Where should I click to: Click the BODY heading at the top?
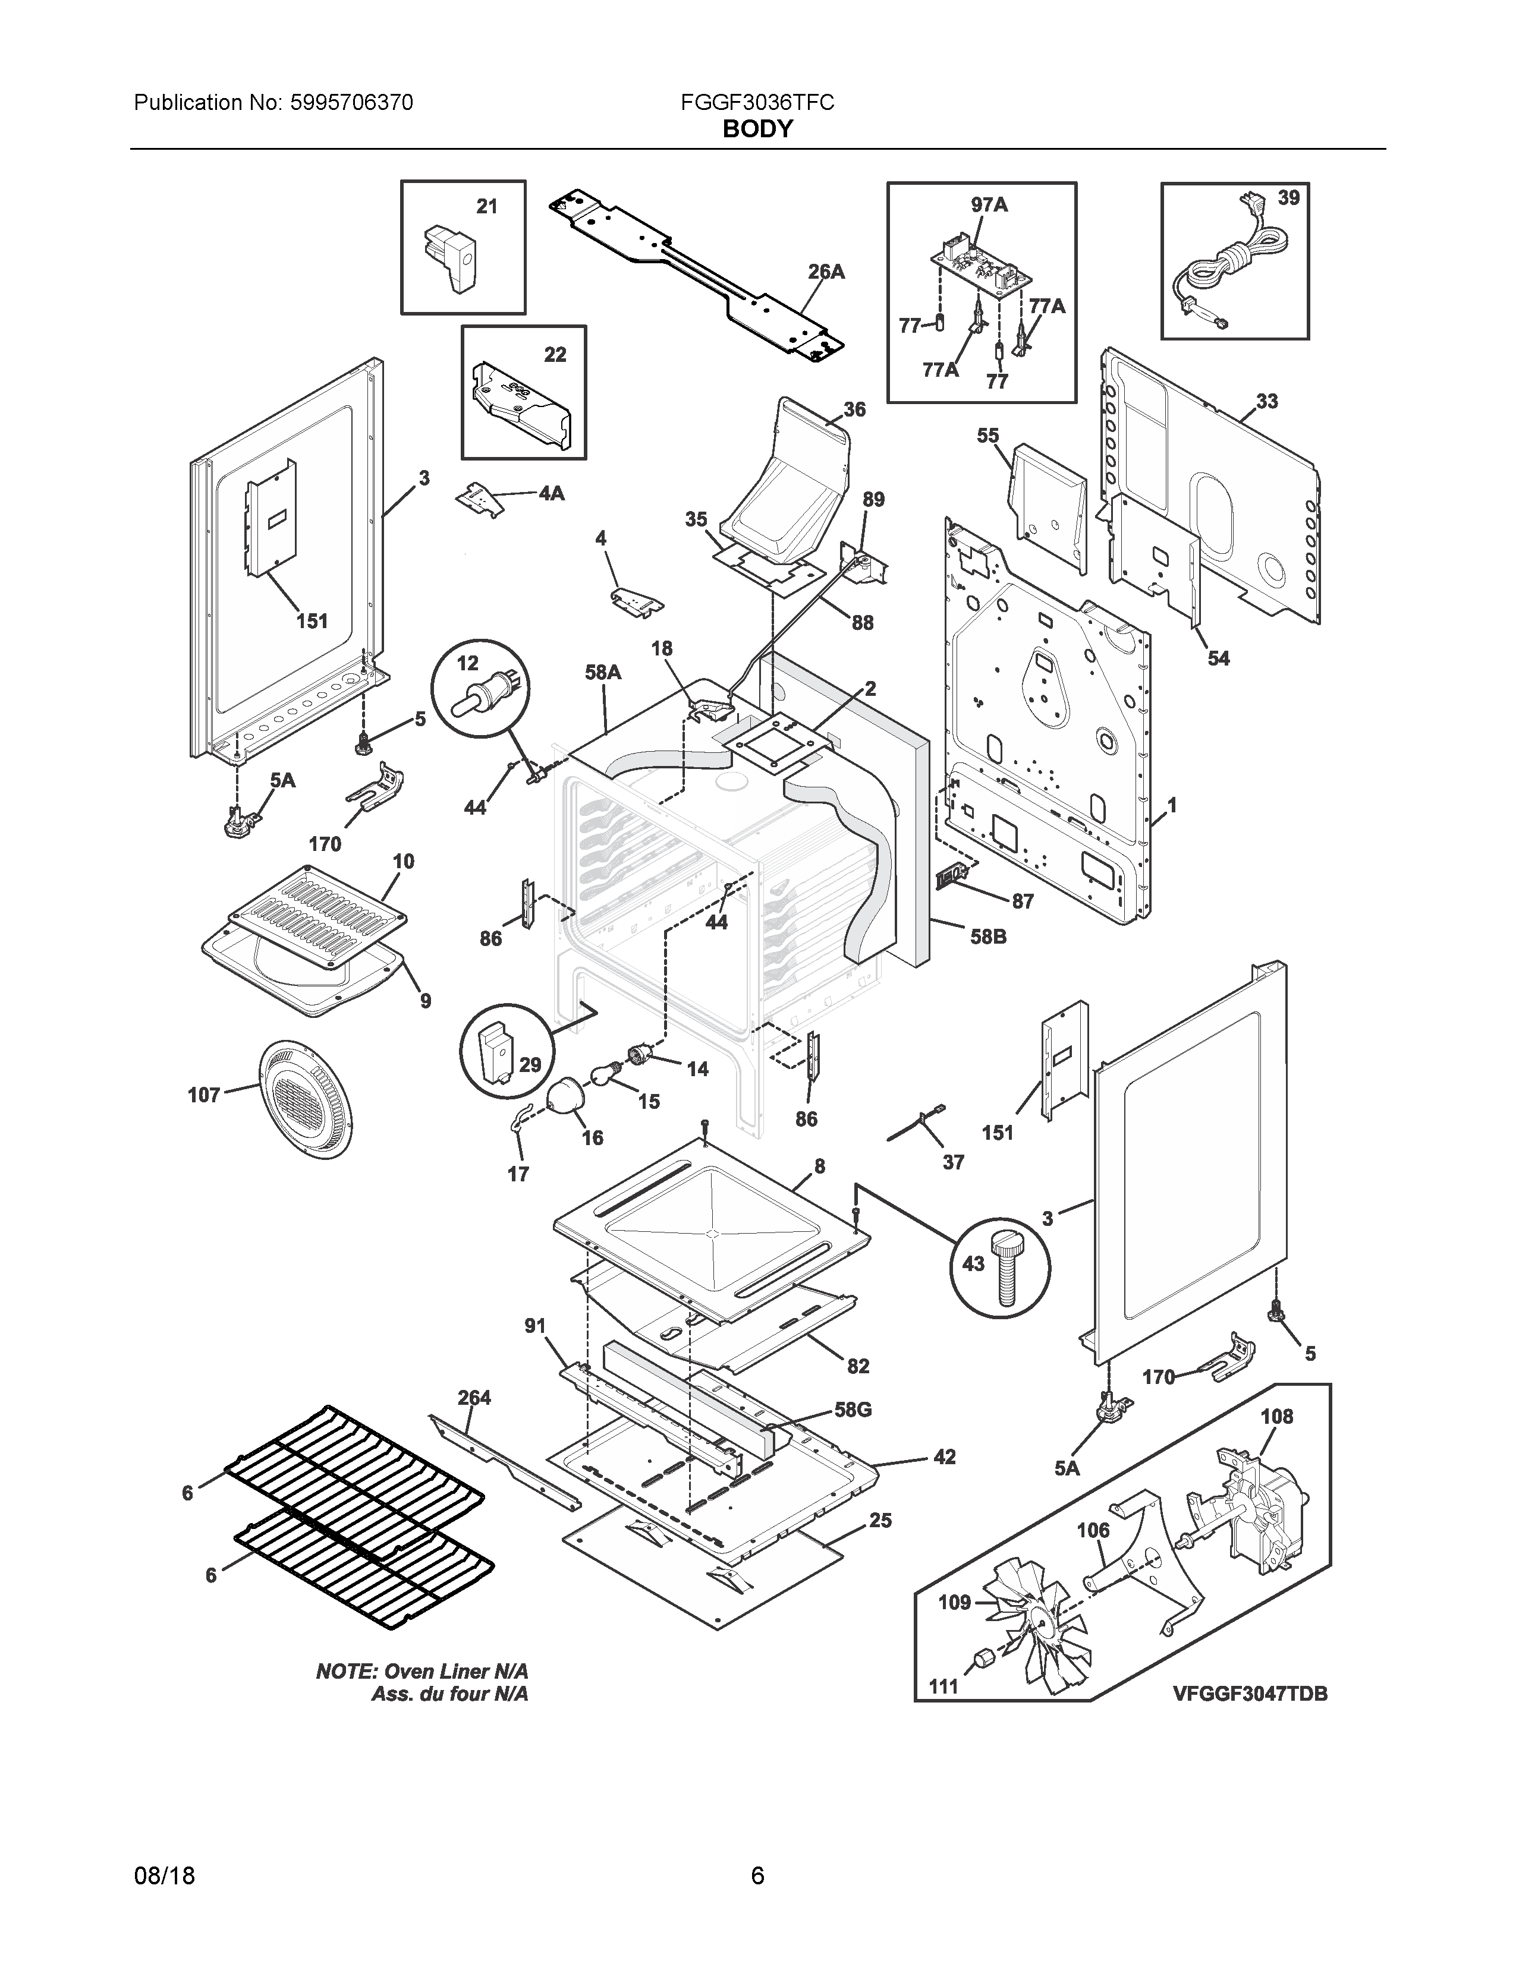[757, 130]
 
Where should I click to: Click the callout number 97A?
[989, 205]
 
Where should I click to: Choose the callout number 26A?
[825, 271]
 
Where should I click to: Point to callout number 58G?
[853, 1410]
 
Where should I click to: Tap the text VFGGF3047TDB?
[1249, 1694]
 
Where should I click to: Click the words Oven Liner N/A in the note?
[456, 1671]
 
